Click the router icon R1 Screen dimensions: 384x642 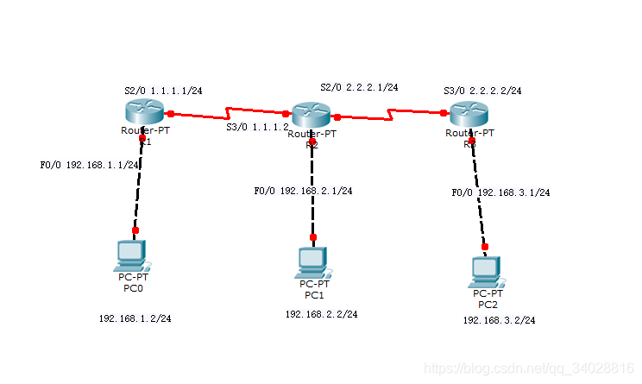click(x=142, y=111)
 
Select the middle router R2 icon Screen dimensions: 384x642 click(x=312, y=115)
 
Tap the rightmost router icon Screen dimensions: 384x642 click(x=469, y=113)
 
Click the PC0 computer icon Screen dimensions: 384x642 click(x=132, y=254)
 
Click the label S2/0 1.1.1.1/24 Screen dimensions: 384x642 click(x=163, y=90)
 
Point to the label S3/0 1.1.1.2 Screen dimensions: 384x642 click(x=256, y=127)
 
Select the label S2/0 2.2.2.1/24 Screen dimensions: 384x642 click(x=359, y=87)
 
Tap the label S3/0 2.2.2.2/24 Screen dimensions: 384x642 click(x=482, y=90)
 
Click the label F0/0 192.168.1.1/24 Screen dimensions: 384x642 click(x=90, y=165)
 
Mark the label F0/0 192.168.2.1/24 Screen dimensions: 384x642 click(x=303, y=191)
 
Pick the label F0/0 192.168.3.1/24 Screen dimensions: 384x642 click(x=500, y=192)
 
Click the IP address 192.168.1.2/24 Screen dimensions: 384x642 click(x=135, y=318)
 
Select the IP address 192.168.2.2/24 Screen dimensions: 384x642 click(x=321, y=314)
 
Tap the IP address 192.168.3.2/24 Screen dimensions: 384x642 click(x=499, y=320)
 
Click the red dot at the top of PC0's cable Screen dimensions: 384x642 click(x=142, y=136)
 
